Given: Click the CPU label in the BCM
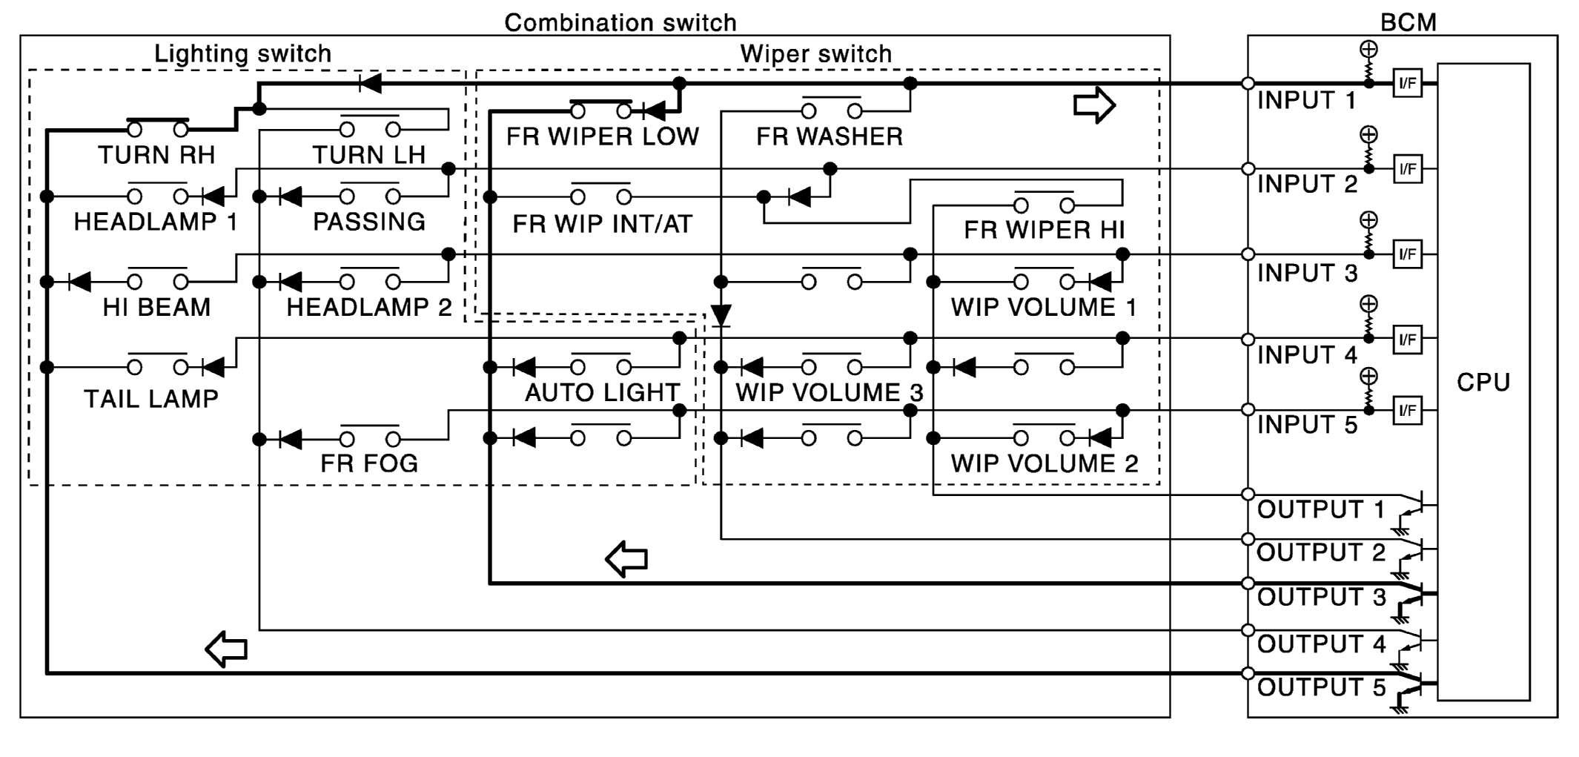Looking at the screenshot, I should click(1483, 383).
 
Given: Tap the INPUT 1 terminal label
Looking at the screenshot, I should click(1306, 100).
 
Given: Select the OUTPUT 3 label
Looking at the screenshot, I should click(1321, 598).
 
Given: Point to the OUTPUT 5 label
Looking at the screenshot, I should click(1321, 688).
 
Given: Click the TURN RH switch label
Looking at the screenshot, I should click(156, 155).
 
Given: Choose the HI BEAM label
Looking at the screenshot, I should click(156, 307).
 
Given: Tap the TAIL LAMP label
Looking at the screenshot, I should click(151, 399).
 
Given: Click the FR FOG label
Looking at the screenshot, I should click(369, 463).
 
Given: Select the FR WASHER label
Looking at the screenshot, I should click(830, 136).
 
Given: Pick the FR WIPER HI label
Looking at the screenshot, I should click(1044, 230).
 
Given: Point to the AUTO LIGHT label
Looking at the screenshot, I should click(602, 392).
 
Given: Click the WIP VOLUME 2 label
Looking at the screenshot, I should click(1044, 463).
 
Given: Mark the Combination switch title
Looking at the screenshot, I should click(620, 22).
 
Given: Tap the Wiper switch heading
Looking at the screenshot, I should click(815, 53).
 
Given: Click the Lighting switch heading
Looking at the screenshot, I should click(242, 53).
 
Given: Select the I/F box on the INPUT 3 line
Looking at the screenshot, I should click(1407, 254).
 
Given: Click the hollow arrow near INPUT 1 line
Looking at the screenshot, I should click(1094, 105).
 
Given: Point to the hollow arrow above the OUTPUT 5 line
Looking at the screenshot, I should click(226, 649).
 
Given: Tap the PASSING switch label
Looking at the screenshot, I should click(369, 222).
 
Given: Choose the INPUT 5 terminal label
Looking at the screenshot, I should click(1307, 425).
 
